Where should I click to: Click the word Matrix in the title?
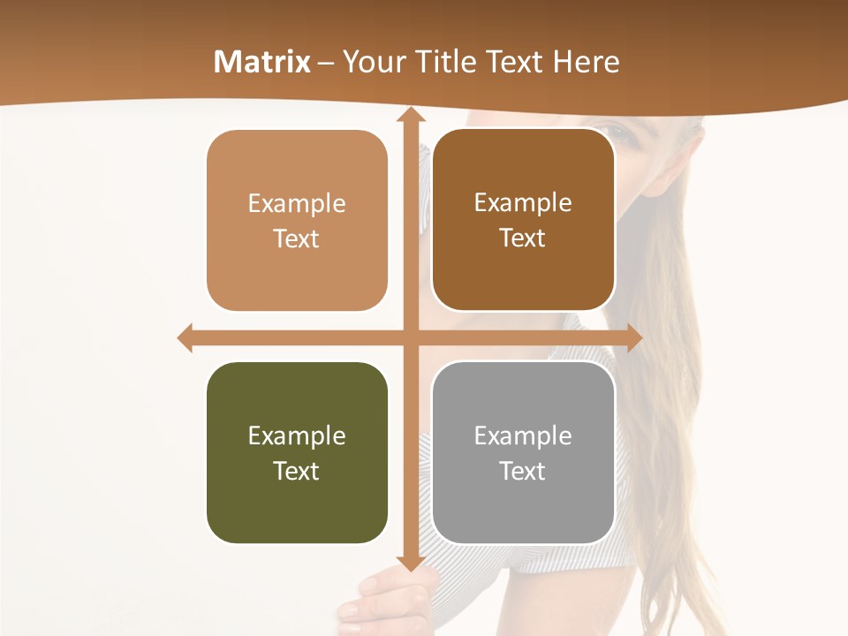[262, 62]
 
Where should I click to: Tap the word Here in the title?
[587, 62]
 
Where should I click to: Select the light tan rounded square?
[297, 221]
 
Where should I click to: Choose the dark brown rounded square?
[523, 220]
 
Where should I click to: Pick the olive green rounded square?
[297, 452]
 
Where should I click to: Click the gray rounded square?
[523, 452]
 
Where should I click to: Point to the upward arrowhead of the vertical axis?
[410, 114]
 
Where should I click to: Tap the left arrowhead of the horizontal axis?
[185, 337]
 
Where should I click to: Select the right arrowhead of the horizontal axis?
[634, 337]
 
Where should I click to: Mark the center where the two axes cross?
[410, 337]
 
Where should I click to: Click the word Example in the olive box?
[297, 436]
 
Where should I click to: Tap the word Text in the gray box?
[523, 471]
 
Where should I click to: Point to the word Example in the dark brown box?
[523, 203]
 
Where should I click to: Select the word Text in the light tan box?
[297, 239]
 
